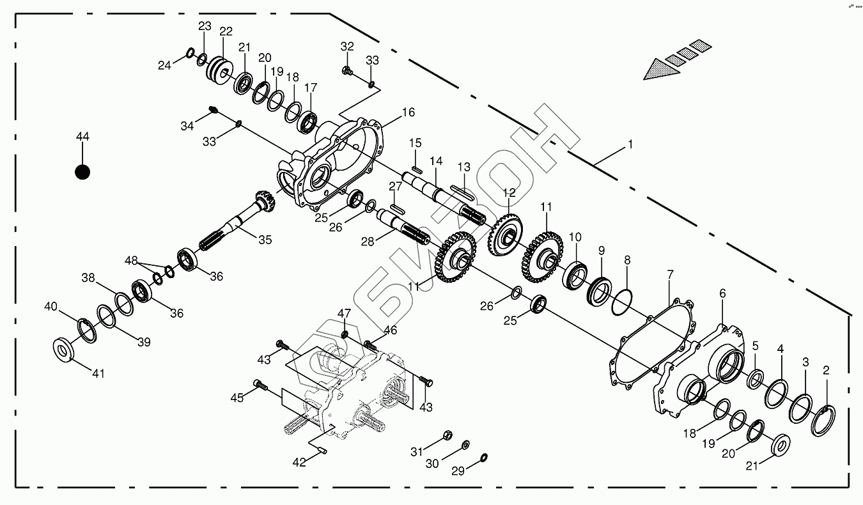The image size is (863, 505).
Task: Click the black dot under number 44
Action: click(82, 172)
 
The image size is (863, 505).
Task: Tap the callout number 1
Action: click(630, 145)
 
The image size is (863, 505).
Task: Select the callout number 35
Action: click(265, 240)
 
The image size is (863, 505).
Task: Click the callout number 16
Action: click(408, 113)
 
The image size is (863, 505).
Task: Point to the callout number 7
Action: click(670, 274)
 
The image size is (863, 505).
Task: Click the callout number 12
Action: click(509, 192)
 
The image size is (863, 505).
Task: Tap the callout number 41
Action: click(98, 374)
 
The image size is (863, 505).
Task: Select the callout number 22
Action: click(225, 32)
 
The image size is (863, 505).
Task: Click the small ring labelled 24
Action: click(190, 52)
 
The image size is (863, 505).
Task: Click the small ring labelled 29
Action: click(484, 457)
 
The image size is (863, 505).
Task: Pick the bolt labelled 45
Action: click(260, 384)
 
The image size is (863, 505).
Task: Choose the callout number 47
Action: click(345, 313)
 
